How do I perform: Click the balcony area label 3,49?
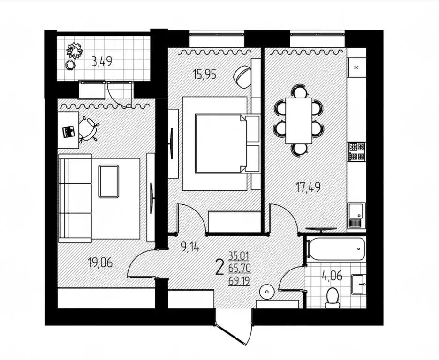coord(102,61)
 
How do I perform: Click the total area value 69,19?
coord(239,281)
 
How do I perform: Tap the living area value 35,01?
coord(239,256)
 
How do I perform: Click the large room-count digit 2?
coord(219,267)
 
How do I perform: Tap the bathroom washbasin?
coord(359,281)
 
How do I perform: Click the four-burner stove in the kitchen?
coord(356,151)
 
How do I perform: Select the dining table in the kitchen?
coord(299,120)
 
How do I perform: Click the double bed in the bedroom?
coord(220,143)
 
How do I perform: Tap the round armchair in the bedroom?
coord(242,76)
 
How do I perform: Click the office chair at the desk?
coord(88,129)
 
